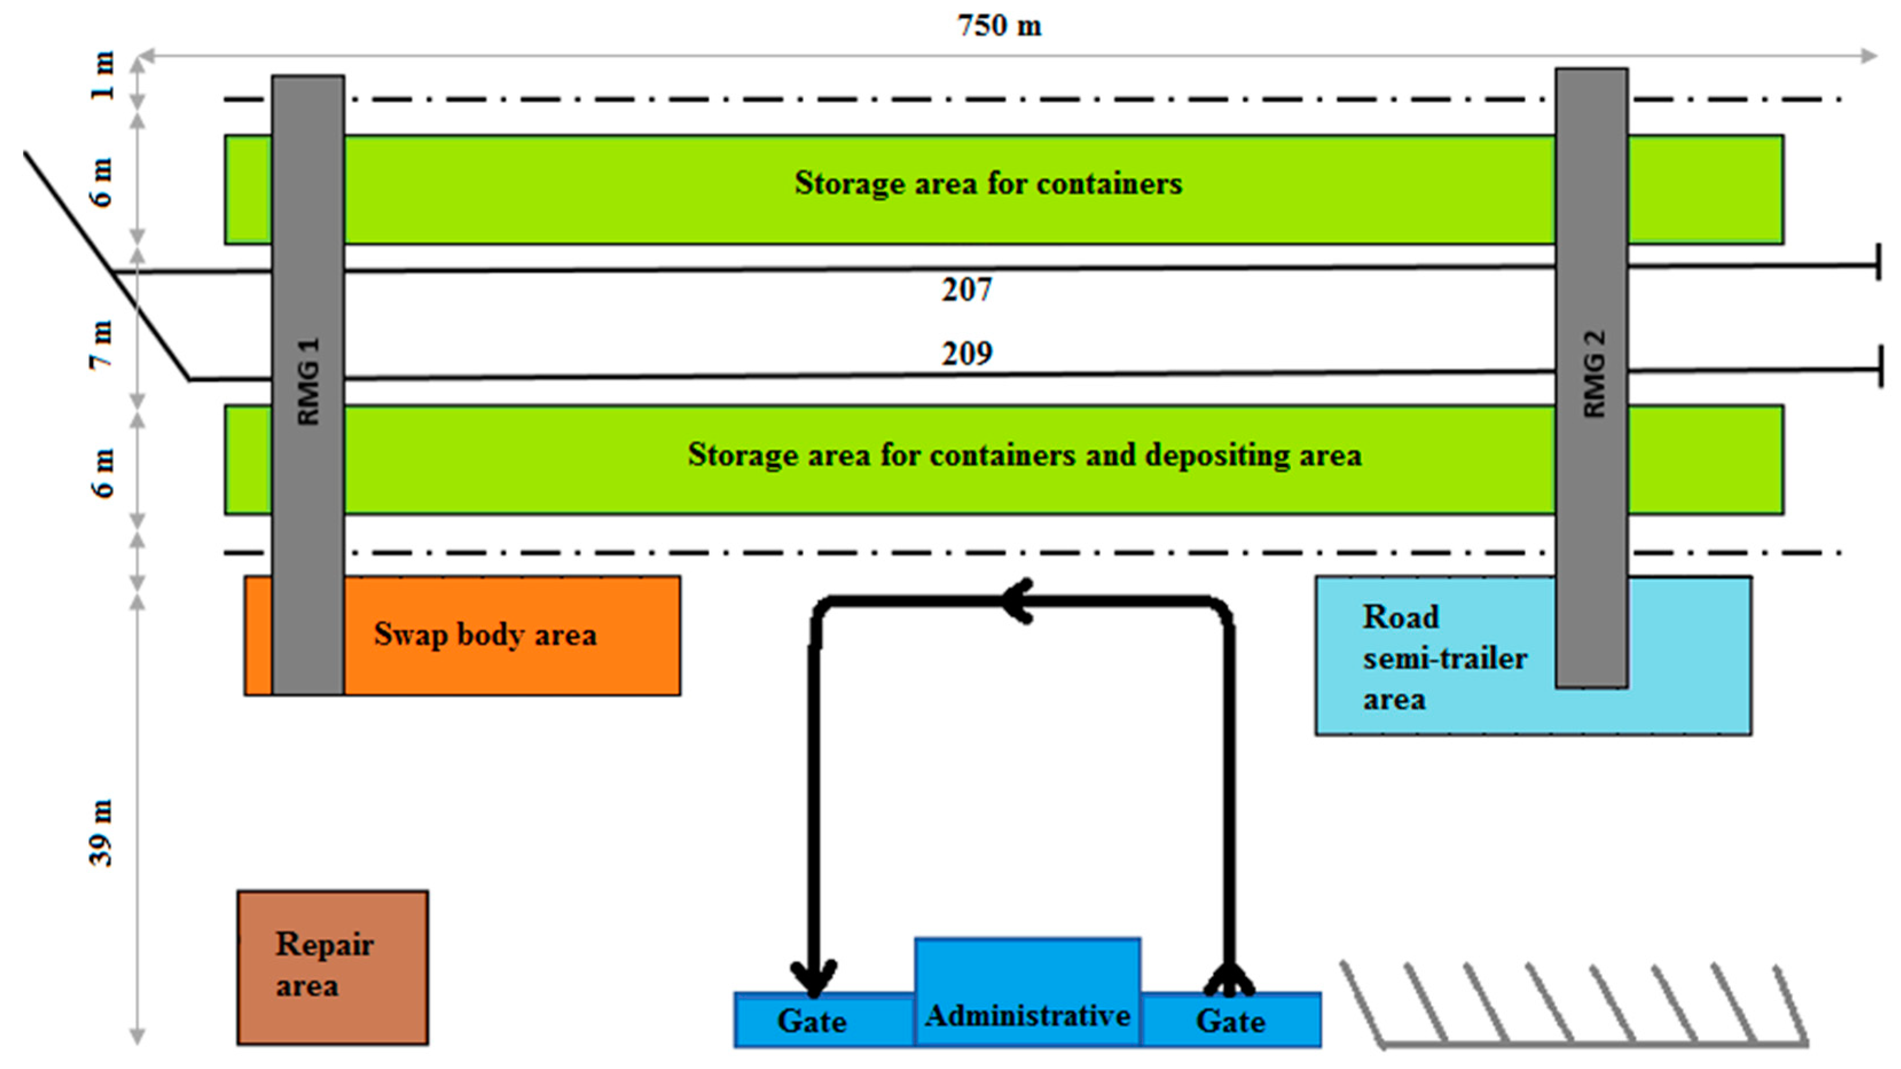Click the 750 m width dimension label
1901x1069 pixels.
999,26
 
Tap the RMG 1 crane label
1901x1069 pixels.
308,382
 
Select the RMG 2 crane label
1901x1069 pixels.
1594,374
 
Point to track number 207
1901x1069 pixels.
967,290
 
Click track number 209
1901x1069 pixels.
967,354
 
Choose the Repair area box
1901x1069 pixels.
333,967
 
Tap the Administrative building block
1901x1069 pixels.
1027,992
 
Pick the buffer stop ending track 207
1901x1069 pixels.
1878,262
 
